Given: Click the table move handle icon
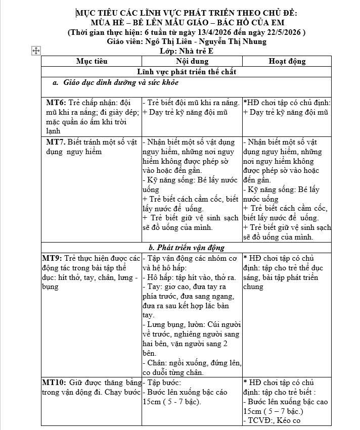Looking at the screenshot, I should [36, 51].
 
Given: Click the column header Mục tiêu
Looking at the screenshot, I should [92, 61].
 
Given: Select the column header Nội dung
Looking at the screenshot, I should [192, 61].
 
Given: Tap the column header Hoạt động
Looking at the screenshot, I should [287, 61].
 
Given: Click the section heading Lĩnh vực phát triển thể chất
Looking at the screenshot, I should [187, 72].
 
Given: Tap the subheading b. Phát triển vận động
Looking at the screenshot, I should [187, 248].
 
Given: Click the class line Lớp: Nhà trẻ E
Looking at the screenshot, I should [187, 51].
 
